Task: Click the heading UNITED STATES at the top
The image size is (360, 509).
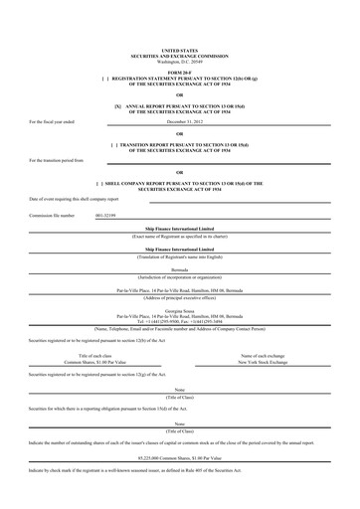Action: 179,49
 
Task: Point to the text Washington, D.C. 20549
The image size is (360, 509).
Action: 179,59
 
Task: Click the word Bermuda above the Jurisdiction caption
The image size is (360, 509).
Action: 179,268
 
